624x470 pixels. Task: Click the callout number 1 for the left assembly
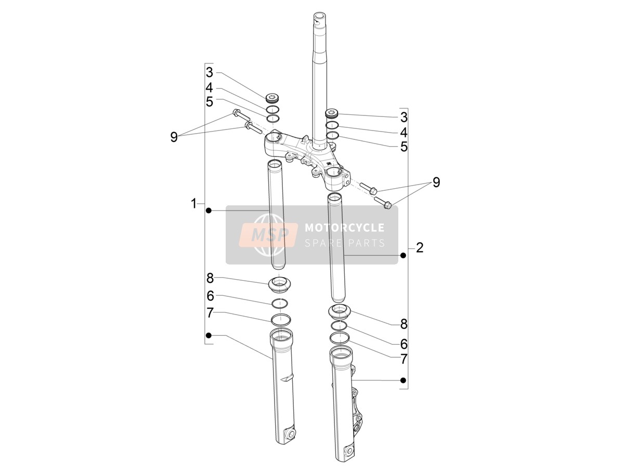tap(193, 203)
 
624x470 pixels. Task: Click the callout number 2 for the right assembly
tap(420, 248)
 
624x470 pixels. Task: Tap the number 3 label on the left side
tap(210, 72)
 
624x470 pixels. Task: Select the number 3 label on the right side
tap(404, 117)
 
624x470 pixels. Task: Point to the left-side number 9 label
tap(174, 137)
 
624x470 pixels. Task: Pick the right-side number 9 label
tap(436, 182)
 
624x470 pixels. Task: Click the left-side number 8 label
tap(210, 279)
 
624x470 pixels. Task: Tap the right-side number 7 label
tap(404, 359)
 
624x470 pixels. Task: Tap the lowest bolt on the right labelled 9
tap(383, 202)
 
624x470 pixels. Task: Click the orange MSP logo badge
tap(268, 234)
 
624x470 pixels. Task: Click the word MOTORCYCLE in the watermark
tap(345, 228)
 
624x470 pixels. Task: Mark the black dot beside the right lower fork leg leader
tap(402, 380)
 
